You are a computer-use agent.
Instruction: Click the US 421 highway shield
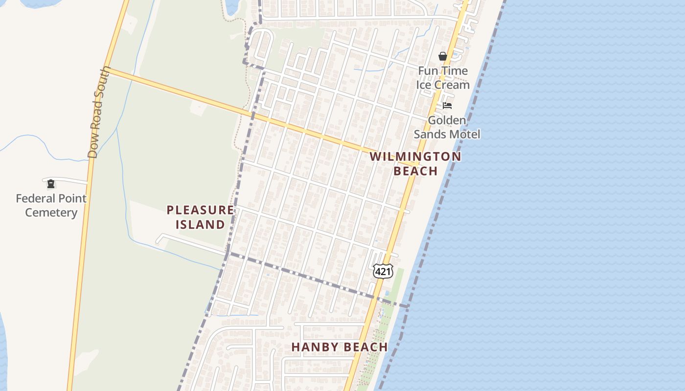coord(383,271)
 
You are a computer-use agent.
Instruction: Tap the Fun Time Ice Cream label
coord(443,78)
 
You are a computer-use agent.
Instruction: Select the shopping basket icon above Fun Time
coord(443,57)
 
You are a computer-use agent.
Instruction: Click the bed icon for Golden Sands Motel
coord(447,106)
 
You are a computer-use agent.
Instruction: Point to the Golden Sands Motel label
coord(447,127)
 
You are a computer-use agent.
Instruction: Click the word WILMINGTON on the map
coord(415,157)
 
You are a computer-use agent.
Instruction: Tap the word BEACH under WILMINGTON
coord(415,171)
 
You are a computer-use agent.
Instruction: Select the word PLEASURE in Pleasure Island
coord(200,210)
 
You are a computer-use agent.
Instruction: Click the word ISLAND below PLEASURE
coord(200,225)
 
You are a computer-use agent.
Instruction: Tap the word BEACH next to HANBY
coord(365,347)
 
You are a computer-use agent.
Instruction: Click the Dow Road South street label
coord(99,112)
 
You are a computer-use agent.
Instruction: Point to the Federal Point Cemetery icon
coord(51,184)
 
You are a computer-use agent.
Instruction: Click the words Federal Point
coord(51,198)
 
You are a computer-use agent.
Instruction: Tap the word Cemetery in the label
coord(51,213)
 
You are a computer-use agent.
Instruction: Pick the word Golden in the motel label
coord(447,120)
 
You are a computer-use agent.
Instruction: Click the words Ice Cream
coord(443,85)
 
